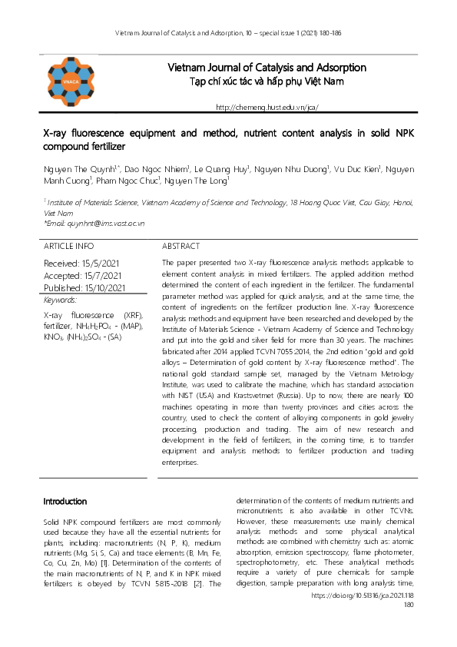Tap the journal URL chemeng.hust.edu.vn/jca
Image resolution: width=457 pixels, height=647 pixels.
(x=267, y=108)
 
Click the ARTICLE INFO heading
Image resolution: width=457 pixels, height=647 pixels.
(x=68, y=247)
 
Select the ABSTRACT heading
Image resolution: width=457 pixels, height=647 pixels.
(x=181, y=247)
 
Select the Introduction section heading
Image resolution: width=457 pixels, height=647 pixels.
(x=65, y=502)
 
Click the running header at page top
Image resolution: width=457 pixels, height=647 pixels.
(x=228, y=34)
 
